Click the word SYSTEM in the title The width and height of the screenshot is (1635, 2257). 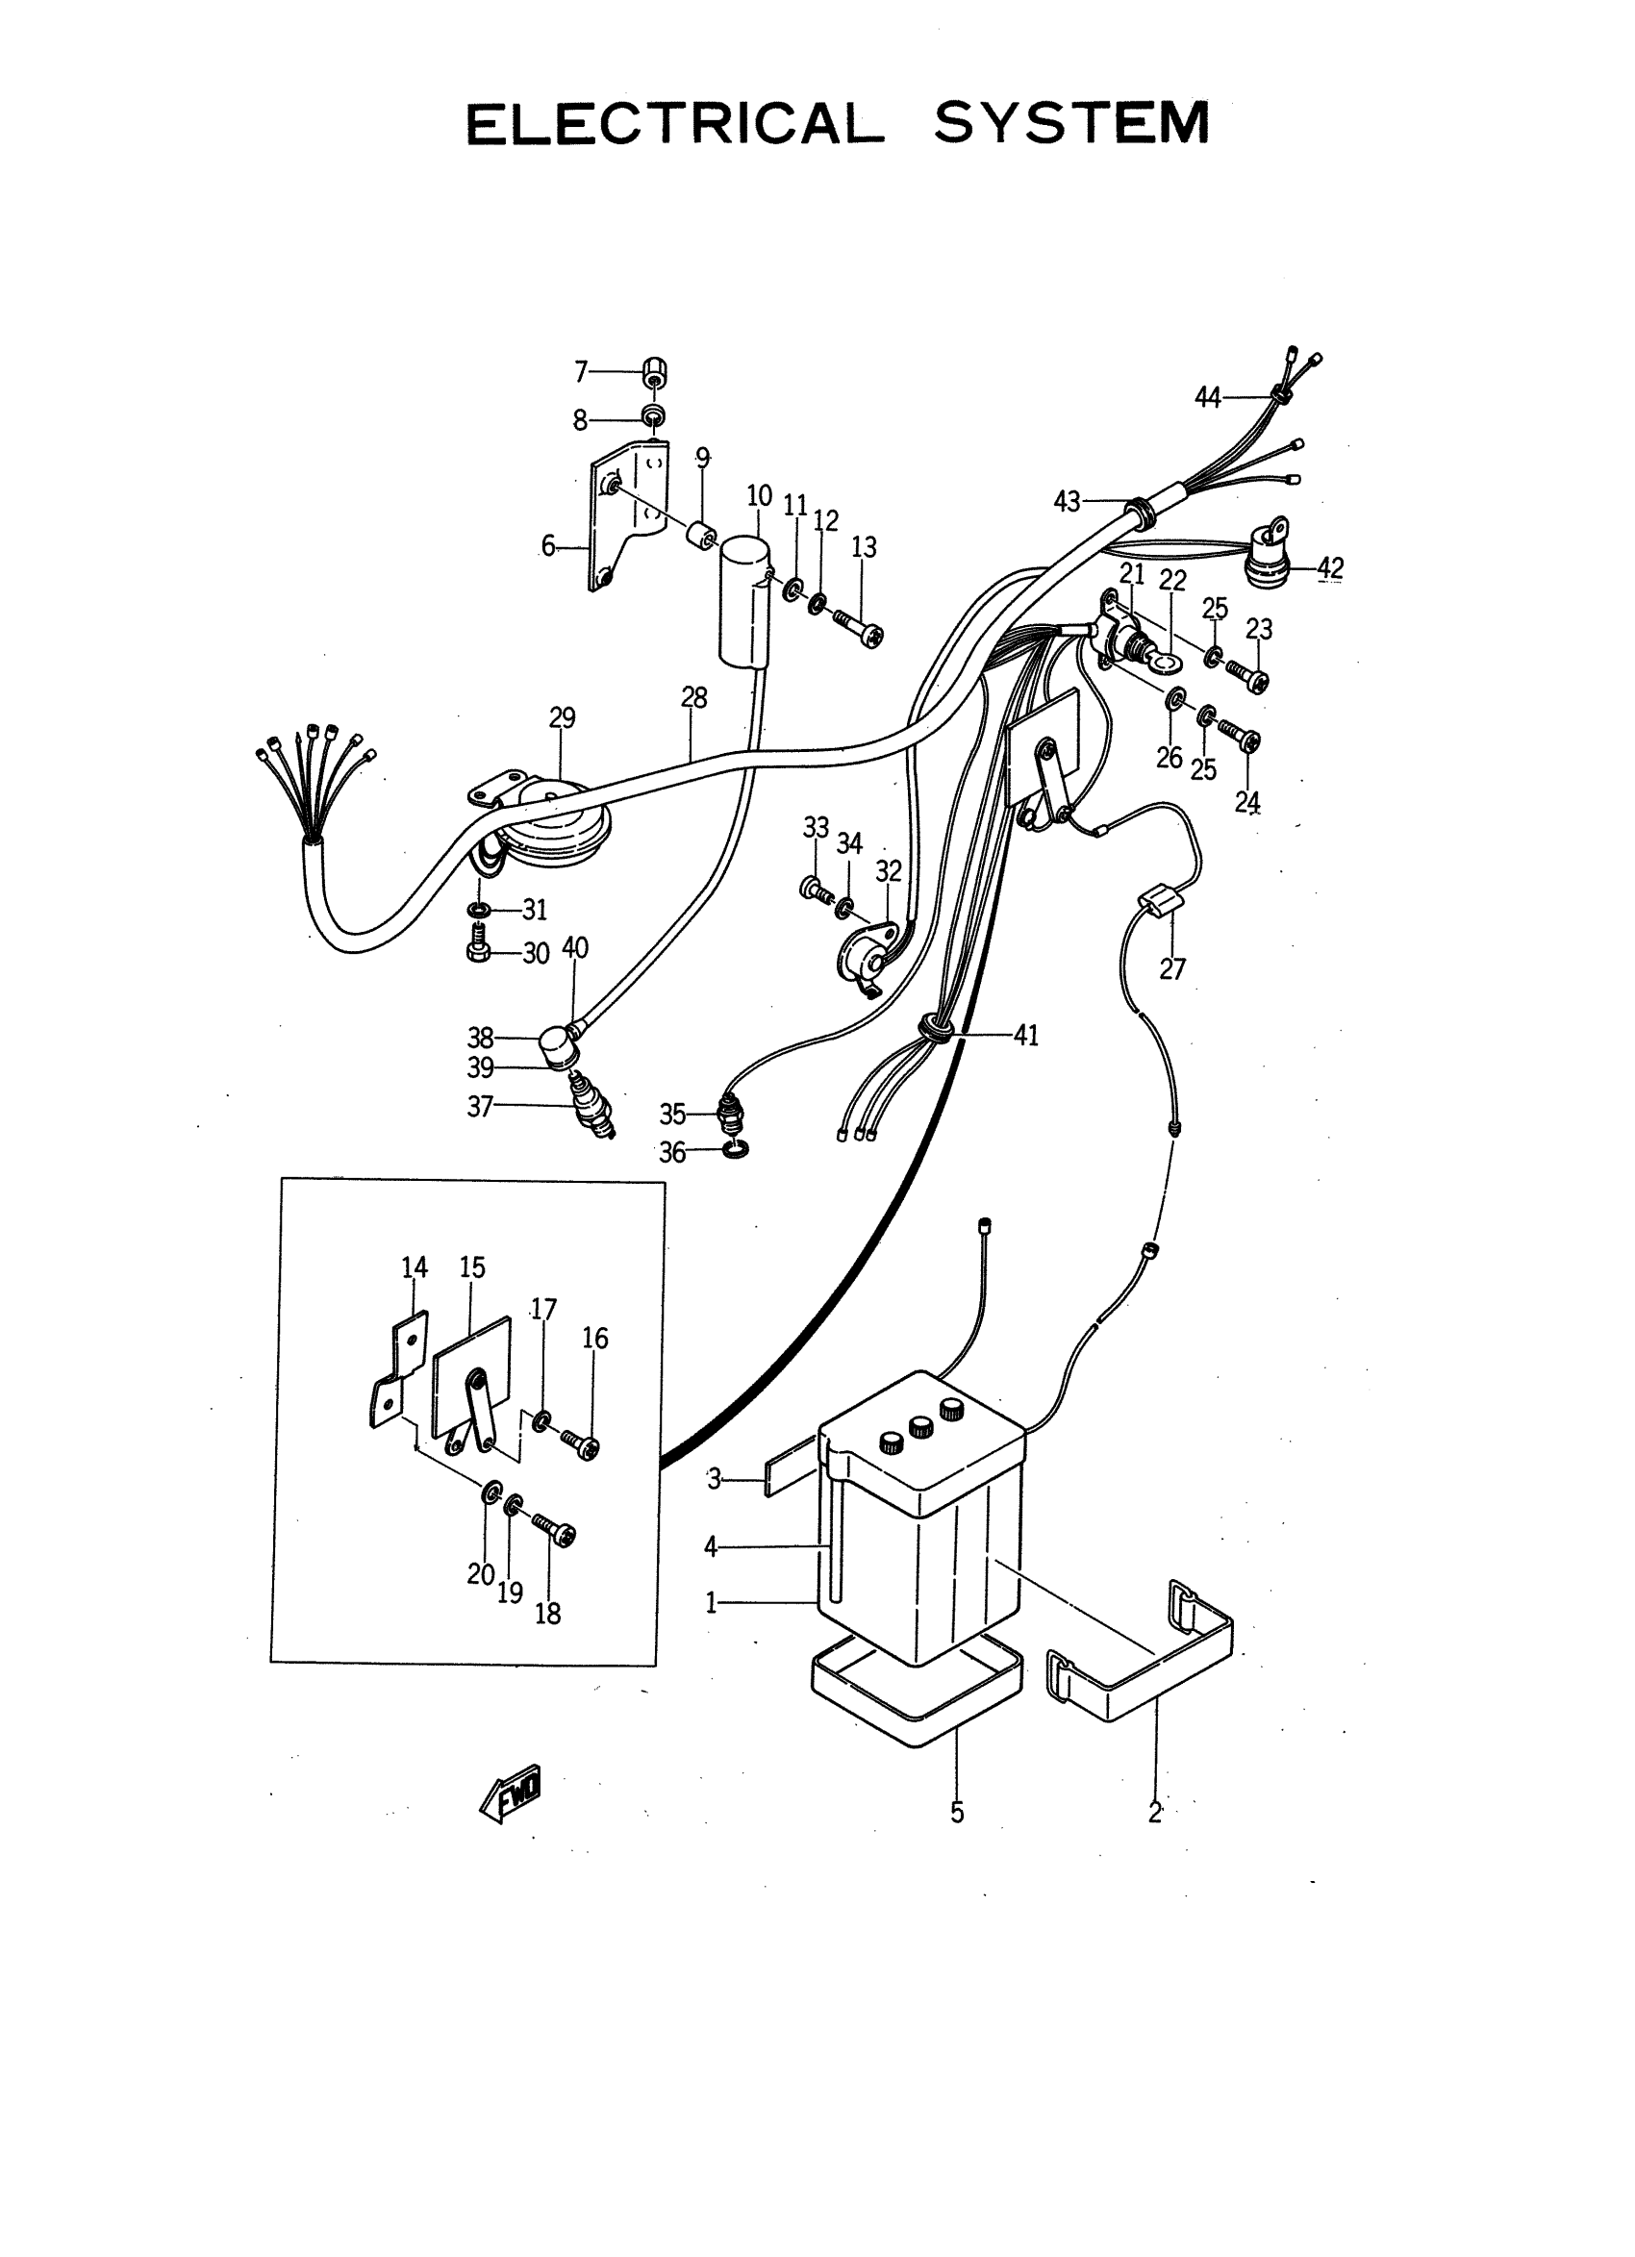[x=1070, y=123]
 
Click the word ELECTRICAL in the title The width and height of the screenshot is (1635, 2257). [x=675, y=124]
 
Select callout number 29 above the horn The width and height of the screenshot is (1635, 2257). [x=563, y=717]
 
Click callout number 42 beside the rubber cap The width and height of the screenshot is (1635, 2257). [x=1330, y=568]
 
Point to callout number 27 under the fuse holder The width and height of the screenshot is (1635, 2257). [x=1172, y=968]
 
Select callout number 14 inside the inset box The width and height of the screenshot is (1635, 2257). [x=414, y=1266]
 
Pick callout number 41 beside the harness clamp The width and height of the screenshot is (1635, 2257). [x=1026, y=1035]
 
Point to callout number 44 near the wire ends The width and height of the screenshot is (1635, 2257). [x=1207, y=397]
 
